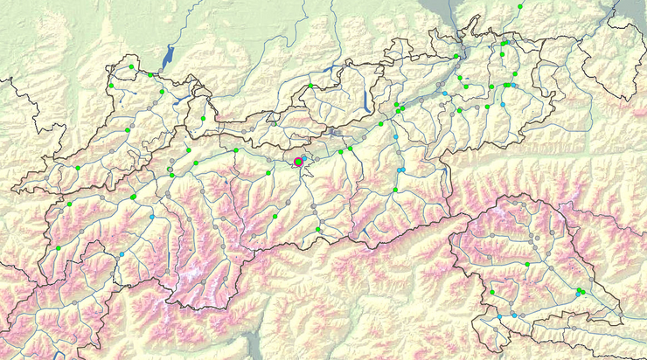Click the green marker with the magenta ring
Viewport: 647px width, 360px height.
[x=298, y=162]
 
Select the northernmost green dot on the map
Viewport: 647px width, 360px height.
[x=520, y=6]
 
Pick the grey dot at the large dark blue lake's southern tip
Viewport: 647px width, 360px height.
[x=163, y=70]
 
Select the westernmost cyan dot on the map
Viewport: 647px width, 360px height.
[x=122, y=254]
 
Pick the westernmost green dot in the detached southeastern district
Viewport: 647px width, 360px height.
[x=492, y=292]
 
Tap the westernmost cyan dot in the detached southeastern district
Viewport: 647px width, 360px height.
[x=500, y=318]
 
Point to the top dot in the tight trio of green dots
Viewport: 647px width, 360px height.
[x=579, y=287]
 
